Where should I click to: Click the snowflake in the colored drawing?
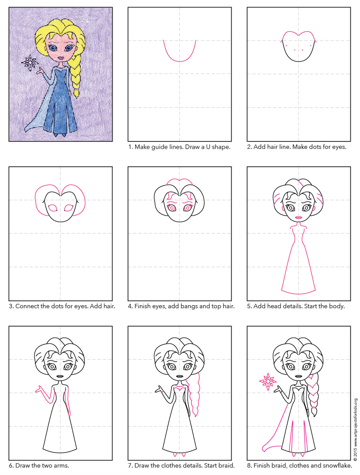tap(30, 62)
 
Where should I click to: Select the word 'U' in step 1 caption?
tap(203, 147)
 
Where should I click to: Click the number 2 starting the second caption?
tap(249, 147)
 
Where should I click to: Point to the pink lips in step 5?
tap(299, 217)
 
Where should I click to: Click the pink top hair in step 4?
tap(179, 181)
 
